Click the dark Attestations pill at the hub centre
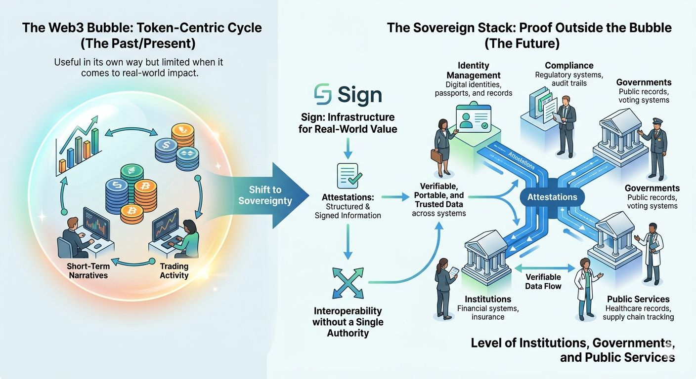[552, 197]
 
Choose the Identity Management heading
[474, 71]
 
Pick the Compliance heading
[569, 65]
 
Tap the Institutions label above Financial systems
[488, 299]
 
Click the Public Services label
[638, 299]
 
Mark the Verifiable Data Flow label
[543, 281]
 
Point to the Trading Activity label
[174, 270]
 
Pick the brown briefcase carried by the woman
[437, 155]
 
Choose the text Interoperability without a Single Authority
[348, 322]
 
